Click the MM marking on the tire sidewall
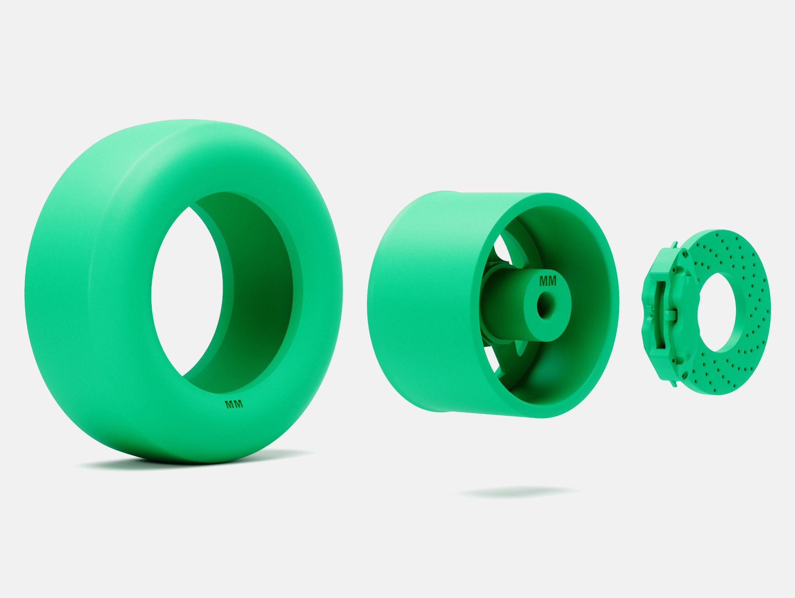(x=234, y=404)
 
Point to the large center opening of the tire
(x=182, y=295)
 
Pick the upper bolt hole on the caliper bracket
(x=684, y=254)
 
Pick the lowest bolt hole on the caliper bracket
(x=684, y=375)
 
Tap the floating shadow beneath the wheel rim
(x=516, y=493)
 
